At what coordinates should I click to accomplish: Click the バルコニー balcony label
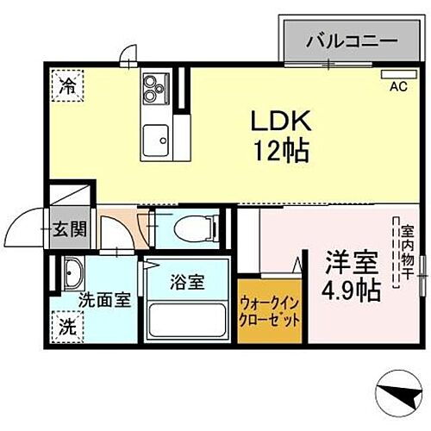351,41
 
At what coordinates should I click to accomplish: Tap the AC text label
399,86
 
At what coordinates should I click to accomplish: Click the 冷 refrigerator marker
66,84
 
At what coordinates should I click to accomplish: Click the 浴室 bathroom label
186,282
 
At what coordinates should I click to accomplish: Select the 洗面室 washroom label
105,300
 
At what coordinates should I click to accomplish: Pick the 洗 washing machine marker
66,327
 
